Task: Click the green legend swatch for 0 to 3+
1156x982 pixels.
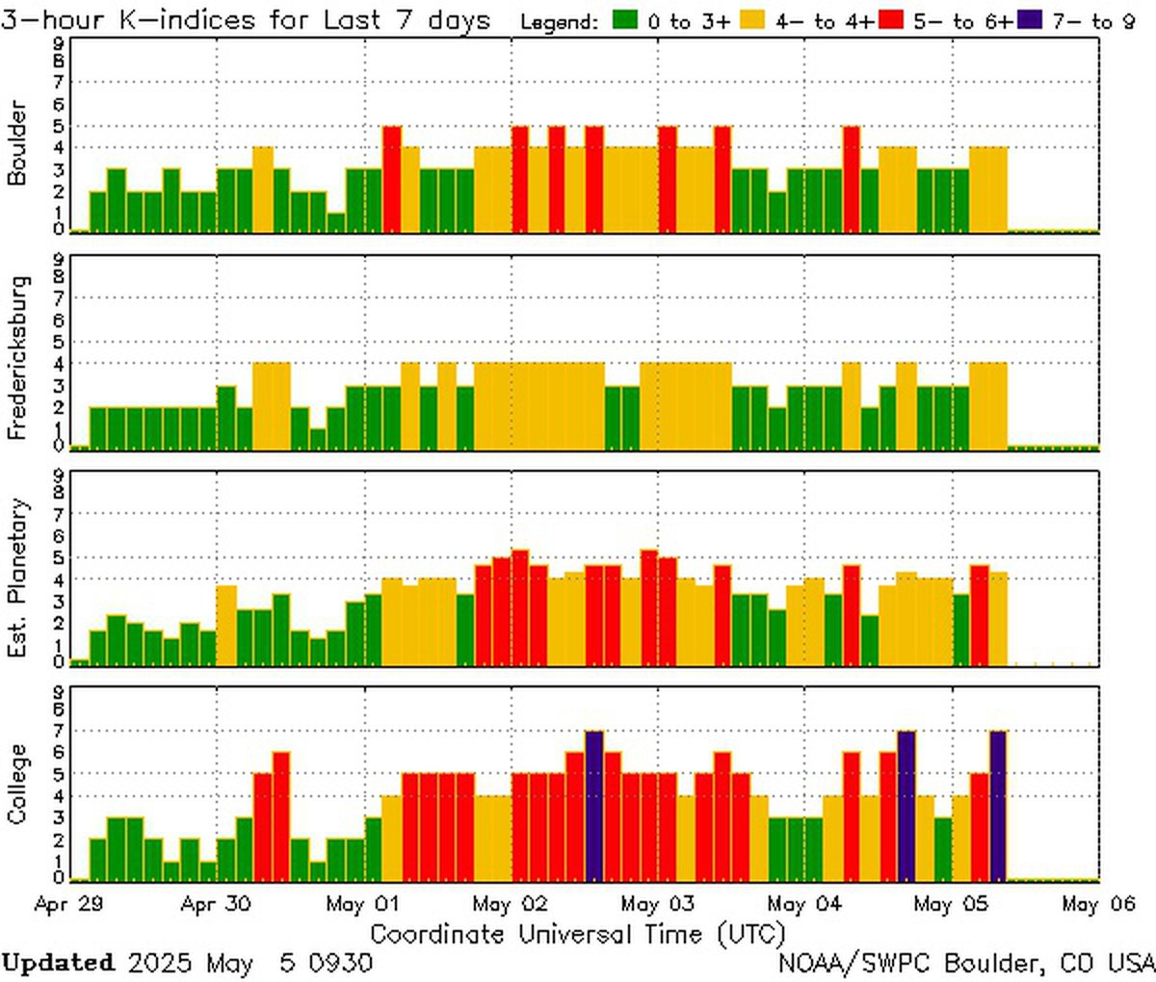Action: [626, 20]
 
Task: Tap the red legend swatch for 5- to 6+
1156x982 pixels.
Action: [891, 20]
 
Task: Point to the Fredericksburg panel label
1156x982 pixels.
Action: [16, 357]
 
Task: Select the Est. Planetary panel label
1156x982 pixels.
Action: [16, 578]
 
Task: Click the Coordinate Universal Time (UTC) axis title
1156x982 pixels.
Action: [578, 933]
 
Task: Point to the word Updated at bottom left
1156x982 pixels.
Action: [58, 962]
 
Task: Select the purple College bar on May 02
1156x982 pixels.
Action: [594, 807]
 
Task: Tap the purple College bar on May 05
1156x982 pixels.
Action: [998, 807]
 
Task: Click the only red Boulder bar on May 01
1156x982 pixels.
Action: [391, 179]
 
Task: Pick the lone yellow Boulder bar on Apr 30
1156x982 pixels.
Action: [263, 190]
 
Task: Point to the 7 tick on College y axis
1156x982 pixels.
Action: [59, 731]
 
